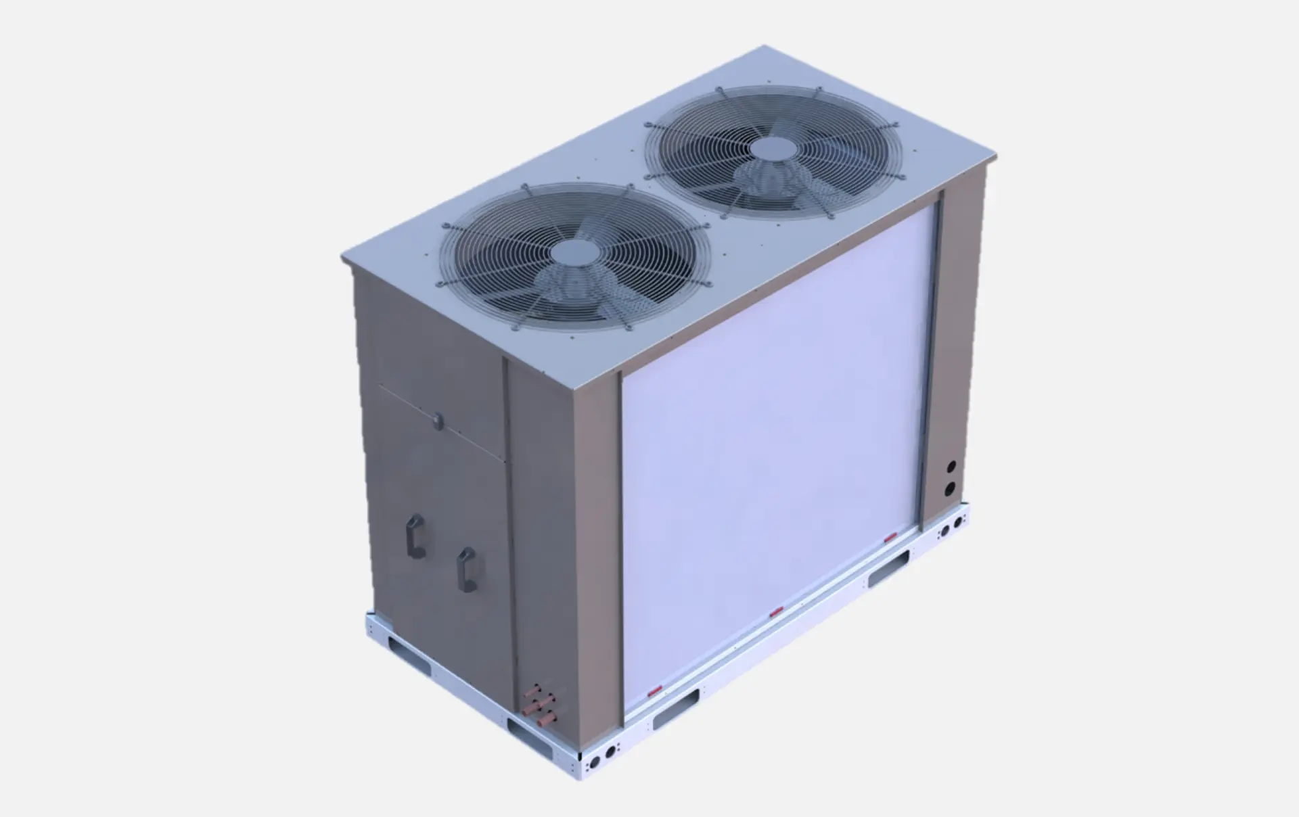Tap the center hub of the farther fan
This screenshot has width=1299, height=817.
pyautogui.click(x=773, y=149)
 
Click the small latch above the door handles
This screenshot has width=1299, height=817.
pyautogui.click(x=437, y=420)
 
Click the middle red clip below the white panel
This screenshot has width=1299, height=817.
pyautogui.click(x=776, y=613)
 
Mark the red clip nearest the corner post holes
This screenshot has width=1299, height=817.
pyautogui.click(x=888, y=538)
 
